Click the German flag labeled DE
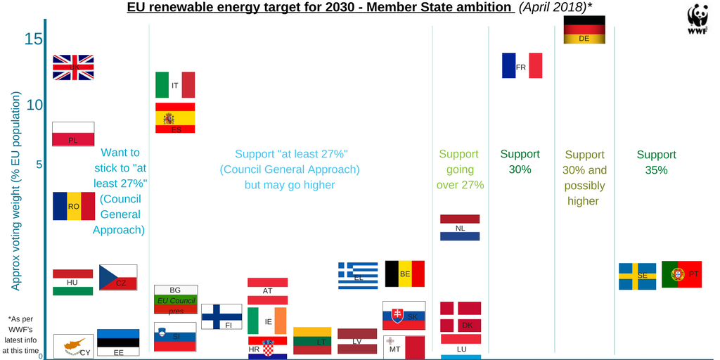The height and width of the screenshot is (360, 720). (x=584, y=30)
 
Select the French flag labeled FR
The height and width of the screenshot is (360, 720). (x=522, y=65)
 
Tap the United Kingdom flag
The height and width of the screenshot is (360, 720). (x=73, y=67)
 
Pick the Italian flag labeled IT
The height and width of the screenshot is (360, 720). (x=175, y=84)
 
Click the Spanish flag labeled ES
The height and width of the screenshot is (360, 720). (x=175, y=118)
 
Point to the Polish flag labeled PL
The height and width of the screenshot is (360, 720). (x=73, y=134)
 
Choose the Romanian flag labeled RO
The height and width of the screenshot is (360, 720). (x=73, y=206)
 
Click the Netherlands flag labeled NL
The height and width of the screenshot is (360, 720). (x=460, y=228)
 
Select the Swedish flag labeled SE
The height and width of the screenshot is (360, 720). (x=637, y=276)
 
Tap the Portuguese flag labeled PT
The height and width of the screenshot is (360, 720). (x=681, y=274)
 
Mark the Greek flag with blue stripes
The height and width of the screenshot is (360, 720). (x=358, y=276)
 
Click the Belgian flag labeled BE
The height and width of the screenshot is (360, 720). (x=405, y=274)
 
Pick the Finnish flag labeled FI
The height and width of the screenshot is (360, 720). (x=221, y=316)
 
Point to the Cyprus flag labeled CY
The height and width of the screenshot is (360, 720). (x=74, y=346)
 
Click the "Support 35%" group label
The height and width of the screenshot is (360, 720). (x=656, y=162)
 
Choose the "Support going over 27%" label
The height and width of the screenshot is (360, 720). (x=458, y=169)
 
